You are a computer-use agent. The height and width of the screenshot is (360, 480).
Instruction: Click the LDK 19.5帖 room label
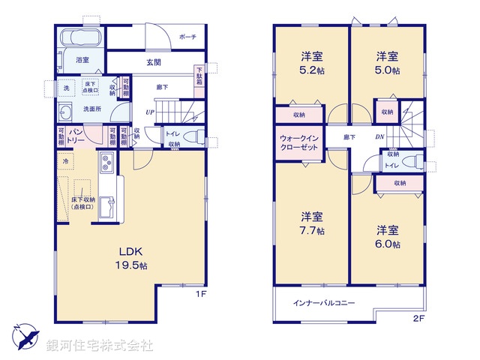point(130,257)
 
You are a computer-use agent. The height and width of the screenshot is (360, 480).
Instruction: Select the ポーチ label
point(188,37)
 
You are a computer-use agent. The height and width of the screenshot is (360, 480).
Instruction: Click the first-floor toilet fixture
point(193,137)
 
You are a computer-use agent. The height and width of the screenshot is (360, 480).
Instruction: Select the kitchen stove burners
point(106,161)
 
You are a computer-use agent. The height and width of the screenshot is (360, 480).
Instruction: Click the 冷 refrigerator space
point(66,160)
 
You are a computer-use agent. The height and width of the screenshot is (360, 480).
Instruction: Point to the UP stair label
point(149,112)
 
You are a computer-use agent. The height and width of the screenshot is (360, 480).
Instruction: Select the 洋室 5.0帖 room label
point(387,63)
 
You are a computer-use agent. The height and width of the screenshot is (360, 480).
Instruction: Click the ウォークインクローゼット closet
point(299,142)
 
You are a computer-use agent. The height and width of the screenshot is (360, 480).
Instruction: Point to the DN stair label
point(380,137)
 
